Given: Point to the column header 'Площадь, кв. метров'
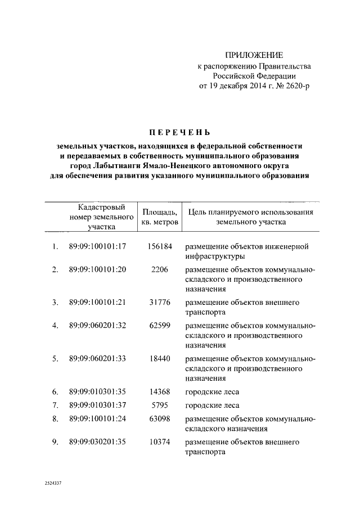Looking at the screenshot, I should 160,217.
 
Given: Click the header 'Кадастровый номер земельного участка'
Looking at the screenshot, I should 101,217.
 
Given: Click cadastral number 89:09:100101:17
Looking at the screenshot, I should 97,246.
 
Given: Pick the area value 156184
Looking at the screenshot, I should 160,246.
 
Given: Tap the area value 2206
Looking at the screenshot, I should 160,269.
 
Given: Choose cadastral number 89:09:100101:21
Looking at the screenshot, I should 97,302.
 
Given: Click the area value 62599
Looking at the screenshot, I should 160,325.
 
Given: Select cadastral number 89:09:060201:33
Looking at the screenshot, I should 97,358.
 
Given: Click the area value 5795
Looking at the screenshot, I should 160,405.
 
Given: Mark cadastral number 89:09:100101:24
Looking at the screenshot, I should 97,419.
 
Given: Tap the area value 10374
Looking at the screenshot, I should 160,442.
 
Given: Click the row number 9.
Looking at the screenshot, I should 55,442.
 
